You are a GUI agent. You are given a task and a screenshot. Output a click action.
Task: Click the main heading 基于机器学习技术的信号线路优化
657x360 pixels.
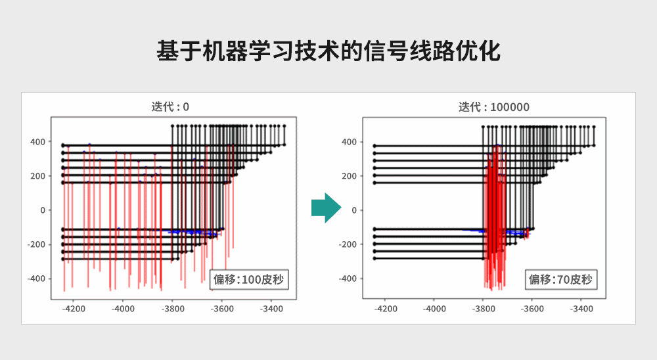click(328, 51)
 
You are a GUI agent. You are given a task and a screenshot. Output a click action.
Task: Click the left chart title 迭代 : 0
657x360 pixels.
click(170, 106)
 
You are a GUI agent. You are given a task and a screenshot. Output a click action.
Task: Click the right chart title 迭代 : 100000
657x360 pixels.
click(493, 106)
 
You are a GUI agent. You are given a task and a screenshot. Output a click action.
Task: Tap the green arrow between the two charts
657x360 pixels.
click(326, 208)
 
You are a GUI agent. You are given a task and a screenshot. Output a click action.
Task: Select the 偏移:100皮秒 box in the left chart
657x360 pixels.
click(248, 280)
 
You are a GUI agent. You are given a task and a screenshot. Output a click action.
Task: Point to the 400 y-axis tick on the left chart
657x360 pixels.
click(37, 142)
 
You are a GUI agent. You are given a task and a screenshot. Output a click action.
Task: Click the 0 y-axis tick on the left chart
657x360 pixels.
click(42, 210)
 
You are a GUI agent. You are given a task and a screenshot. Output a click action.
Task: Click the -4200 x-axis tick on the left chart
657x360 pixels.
click(73, 308)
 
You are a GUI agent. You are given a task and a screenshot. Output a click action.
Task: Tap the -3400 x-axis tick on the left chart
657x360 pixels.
click(271, 308)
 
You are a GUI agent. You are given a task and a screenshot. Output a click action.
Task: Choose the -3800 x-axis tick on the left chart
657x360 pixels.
click(172, 308)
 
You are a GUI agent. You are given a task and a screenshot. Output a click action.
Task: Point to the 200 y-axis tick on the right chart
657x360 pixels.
click(349, 176)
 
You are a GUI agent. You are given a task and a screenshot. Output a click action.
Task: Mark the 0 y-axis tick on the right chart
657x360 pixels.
click(354, 210)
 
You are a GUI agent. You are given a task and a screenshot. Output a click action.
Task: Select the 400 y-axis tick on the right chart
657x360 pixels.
click(349, 142)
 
